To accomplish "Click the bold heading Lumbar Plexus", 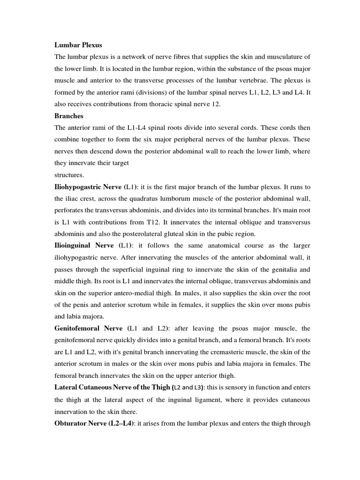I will (x=78, y=45).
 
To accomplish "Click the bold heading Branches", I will (x=69, y=116).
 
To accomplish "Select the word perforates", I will (x=71, y=210).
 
